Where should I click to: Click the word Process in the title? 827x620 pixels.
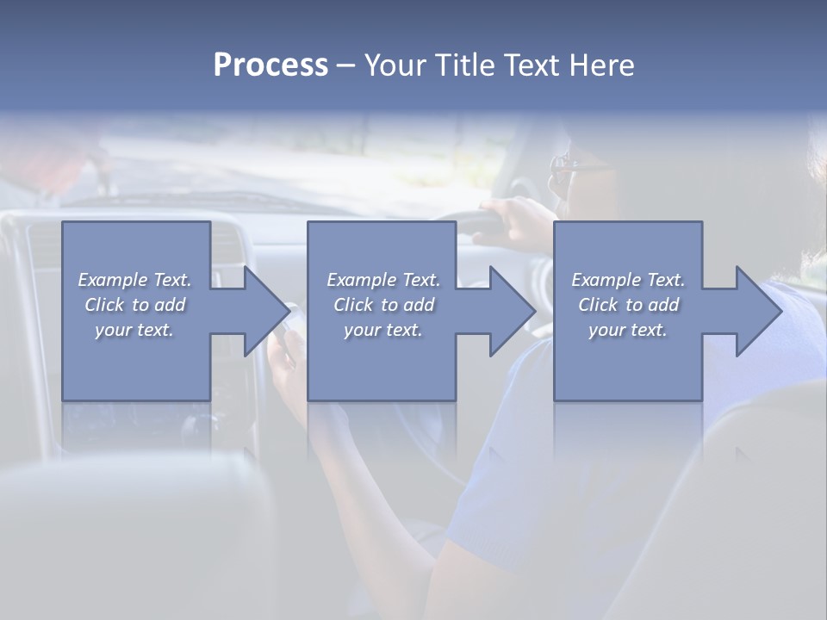270,65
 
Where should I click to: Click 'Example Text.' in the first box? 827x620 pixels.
134,280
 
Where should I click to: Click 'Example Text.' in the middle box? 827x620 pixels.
383,280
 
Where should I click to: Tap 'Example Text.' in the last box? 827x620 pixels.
628,280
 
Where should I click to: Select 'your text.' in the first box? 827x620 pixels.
134,330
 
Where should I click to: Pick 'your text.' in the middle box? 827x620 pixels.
383,330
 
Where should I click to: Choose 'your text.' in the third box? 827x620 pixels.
628,330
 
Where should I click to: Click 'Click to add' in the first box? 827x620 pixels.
134,305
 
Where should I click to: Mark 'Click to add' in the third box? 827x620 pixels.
628,305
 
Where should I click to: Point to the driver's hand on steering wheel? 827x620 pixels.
517,220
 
